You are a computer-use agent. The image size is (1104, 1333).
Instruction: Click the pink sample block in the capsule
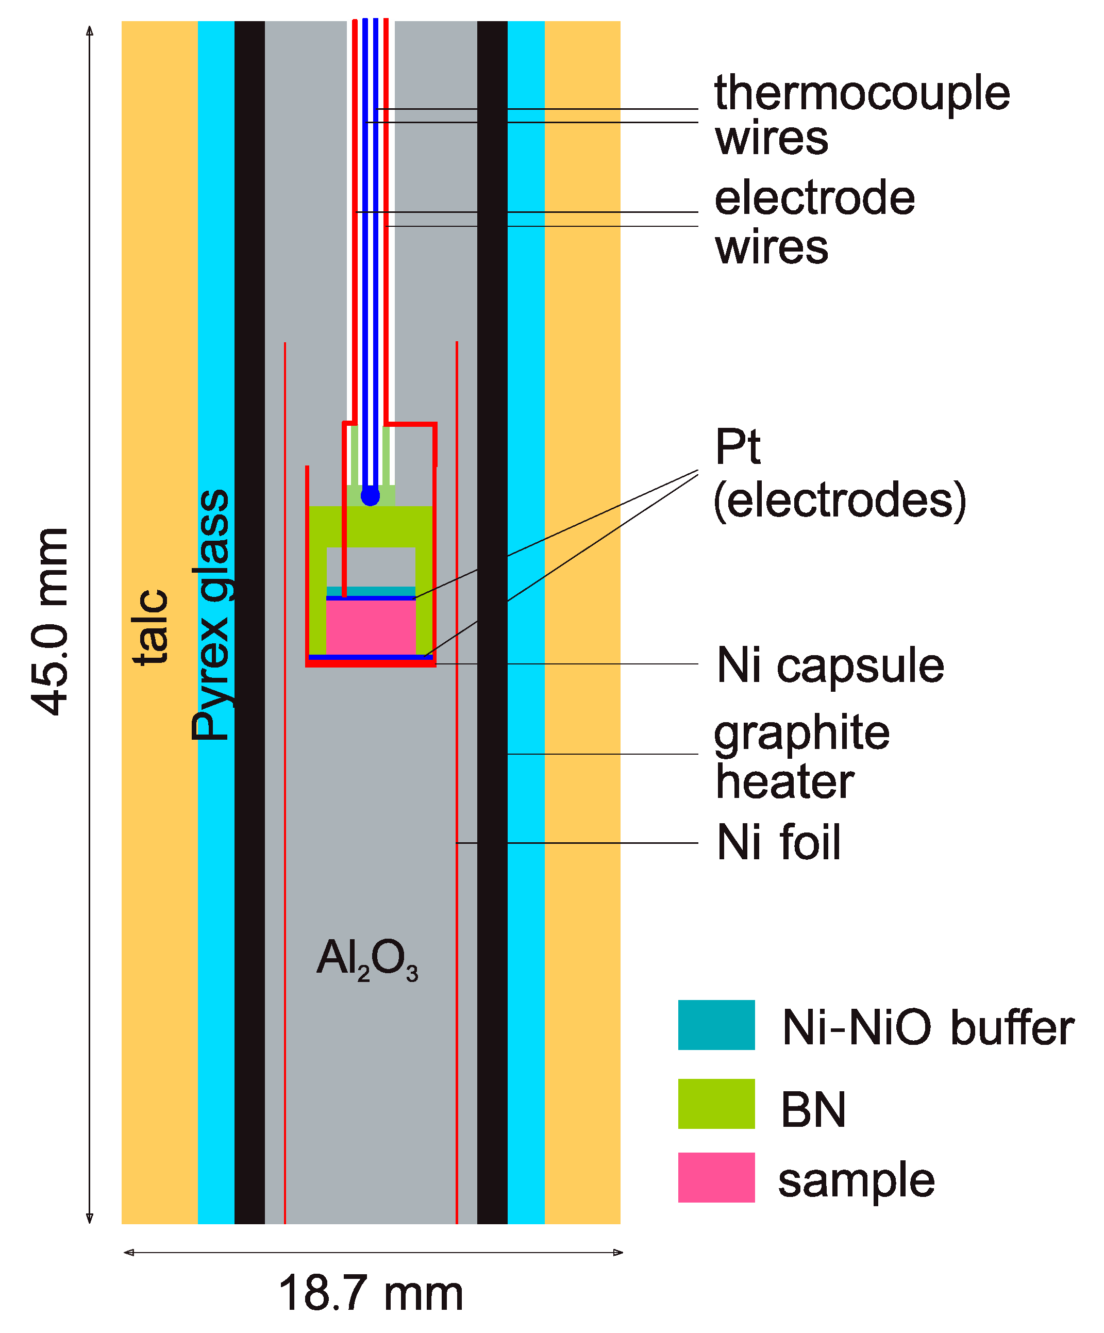370,626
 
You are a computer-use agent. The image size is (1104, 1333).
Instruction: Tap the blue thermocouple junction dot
370,496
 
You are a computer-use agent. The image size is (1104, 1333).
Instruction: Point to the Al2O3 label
367,960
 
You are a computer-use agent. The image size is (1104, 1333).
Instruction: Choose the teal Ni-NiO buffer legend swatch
715,1025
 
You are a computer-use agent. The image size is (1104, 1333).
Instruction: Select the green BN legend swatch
715,1103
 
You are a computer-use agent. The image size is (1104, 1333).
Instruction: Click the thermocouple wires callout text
860,114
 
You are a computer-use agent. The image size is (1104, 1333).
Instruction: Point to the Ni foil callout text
778,842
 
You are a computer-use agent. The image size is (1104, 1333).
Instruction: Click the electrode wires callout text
814,222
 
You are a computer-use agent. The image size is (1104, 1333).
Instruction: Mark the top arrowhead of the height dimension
90,30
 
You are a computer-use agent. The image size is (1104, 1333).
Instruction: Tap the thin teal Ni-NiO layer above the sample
370,591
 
